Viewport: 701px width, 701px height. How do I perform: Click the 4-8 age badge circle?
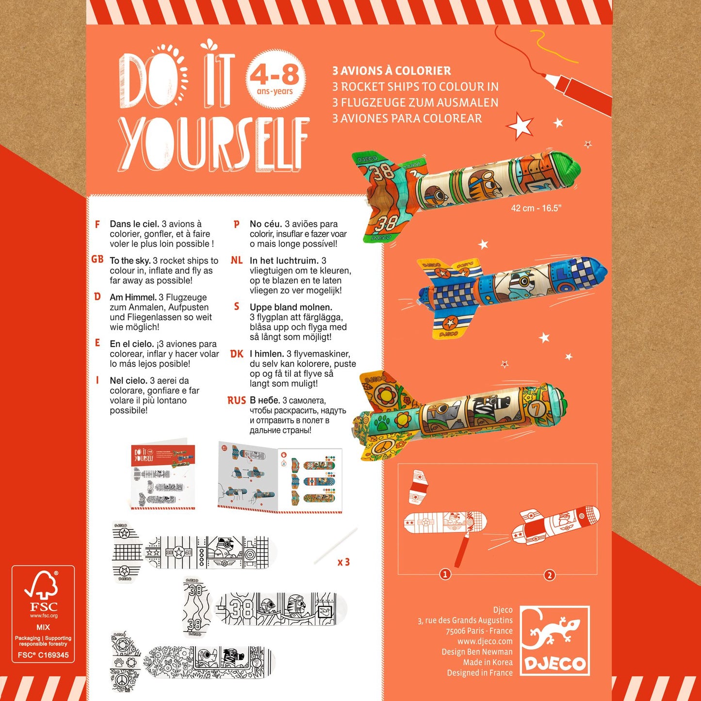(x=276, y=78)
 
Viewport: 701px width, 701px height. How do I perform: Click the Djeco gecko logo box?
(x=554, y=640)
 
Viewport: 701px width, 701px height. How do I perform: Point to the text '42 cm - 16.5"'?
(x=536, y=208)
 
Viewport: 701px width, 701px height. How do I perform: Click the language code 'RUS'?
(x=236, y=401)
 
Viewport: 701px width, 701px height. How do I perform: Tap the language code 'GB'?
(x=97, y=260)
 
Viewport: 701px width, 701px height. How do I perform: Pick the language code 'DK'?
(x=236, y=354)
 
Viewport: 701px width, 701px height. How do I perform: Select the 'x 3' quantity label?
(x=343, y=562)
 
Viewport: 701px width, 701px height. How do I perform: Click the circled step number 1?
(x=445, y=574)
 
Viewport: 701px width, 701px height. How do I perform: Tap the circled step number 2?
(x=549, y=575)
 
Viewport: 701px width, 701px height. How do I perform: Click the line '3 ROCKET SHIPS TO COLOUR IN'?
(x=415, y=87)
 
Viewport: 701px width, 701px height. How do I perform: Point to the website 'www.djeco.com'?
(x=485, y=641)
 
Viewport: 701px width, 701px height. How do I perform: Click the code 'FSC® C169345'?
(x=43, y=655)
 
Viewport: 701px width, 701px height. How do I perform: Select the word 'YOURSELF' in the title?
(x=213, y=144)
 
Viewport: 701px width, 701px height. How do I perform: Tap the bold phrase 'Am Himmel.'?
(x=133, y=297)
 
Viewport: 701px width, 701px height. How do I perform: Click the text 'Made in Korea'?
(x=488, y=662)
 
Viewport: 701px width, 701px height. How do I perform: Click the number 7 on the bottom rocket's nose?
(x=537, y=409)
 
